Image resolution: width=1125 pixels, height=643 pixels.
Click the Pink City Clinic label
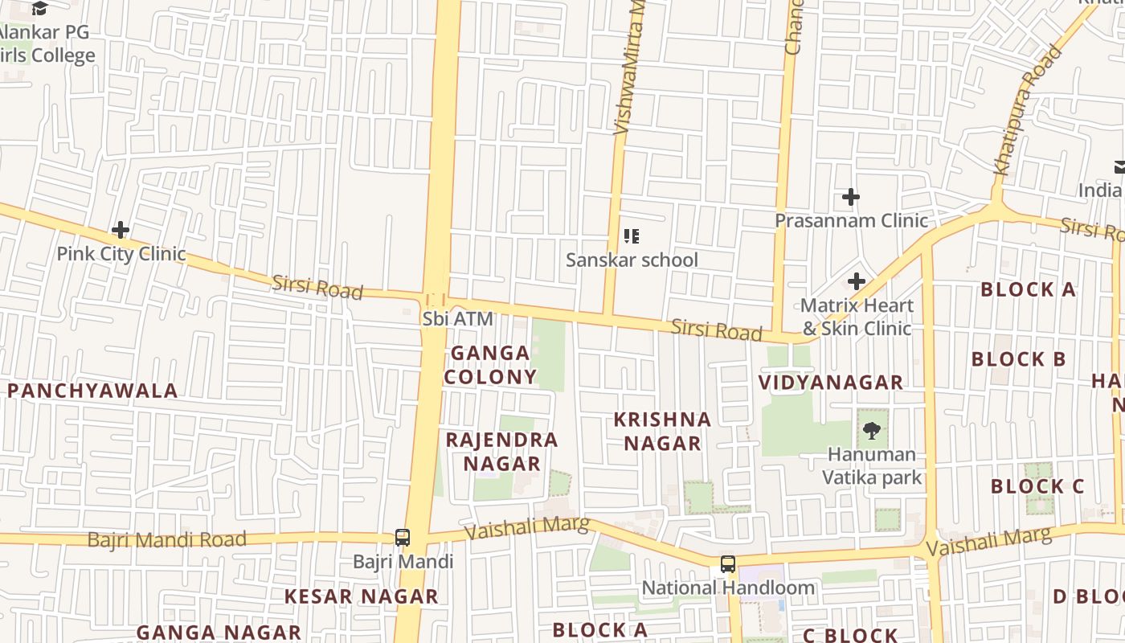tap(121, 254)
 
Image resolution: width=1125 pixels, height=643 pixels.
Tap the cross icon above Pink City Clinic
tap(121, 231)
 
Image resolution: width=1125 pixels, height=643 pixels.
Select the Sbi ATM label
tap(457, 319)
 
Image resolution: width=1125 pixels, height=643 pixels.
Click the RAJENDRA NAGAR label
tap(501, 452)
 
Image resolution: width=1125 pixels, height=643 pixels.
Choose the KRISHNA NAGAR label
tap(662, 432)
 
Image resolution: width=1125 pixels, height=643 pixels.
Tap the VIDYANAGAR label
tap(831, 383)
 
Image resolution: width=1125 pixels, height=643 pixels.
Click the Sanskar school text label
tap(632, 260)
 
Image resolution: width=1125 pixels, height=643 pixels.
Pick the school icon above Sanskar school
tap(632, 236)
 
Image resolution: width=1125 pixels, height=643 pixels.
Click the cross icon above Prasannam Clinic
tap(850, 197)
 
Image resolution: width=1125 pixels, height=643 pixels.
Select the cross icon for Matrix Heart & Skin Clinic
tap(857, 281)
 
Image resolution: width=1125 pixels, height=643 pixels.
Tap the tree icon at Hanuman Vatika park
tap(871, 431)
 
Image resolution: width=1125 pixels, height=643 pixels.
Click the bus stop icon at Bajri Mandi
tap(403, 538)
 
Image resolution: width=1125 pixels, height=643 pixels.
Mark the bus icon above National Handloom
tap(728, 564)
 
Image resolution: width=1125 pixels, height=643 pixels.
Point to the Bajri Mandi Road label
tap(166, 539)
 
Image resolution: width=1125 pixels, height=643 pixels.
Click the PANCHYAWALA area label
tap(92, 391)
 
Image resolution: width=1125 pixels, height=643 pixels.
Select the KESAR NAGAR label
tap(362, 596)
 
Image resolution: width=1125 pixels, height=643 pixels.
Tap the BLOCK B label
tap(1018, 359)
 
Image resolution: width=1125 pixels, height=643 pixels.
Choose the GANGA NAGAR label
tap(219, 633)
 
